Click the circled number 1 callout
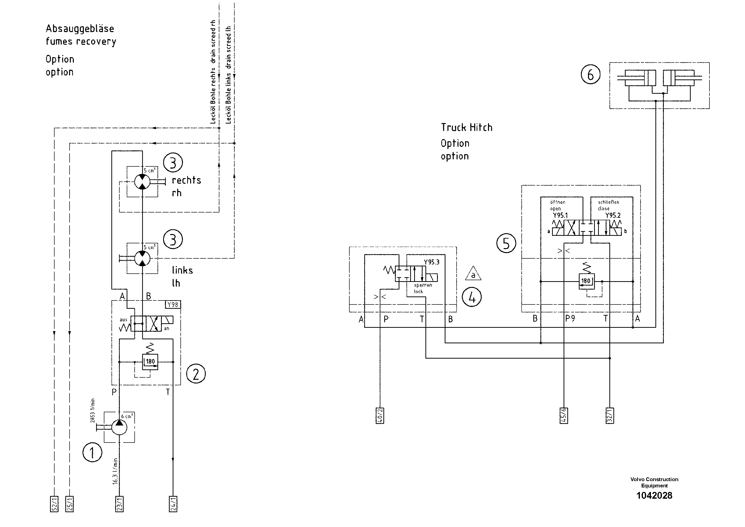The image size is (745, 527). [92, 453]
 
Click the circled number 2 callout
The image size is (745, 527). [196, 374]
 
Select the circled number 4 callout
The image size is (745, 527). [471, 297]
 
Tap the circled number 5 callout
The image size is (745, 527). [506, 243]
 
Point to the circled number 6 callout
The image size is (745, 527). [590, 75]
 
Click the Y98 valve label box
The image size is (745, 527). [173, 304]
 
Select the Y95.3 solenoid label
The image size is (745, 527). [431, 262]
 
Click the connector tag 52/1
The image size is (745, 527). [54, 504]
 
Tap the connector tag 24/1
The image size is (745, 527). [173, 504]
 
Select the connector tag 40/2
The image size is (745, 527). [380, 415]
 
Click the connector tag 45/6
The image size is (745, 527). [564, 415]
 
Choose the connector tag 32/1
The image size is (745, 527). [610, 415]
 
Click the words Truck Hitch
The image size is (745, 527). [466, 127]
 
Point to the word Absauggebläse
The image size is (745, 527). [80, 29]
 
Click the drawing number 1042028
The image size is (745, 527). [654, 495]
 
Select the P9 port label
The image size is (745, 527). [570, 319]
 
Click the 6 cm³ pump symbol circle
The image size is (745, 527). [119, 427]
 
